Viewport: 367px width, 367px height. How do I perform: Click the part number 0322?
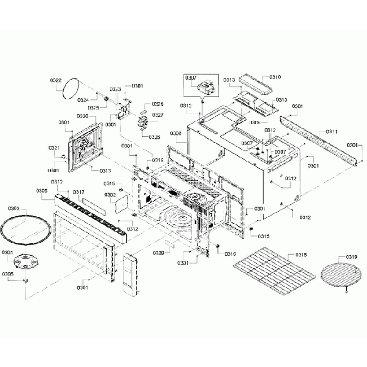tap(55, 81)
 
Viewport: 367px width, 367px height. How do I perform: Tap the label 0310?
tap(275, 77)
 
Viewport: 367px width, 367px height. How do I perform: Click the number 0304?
tap(8, 252)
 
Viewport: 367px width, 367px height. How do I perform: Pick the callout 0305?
tap(8, 274)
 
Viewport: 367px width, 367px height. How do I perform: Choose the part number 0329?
tap(159, 253)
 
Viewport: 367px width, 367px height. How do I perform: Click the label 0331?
tap(182, 263)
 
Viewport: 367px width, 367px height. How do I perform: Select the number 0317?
tap(79, 193)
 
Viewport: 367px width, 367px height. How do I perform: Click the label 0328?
tap(154, 137)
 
